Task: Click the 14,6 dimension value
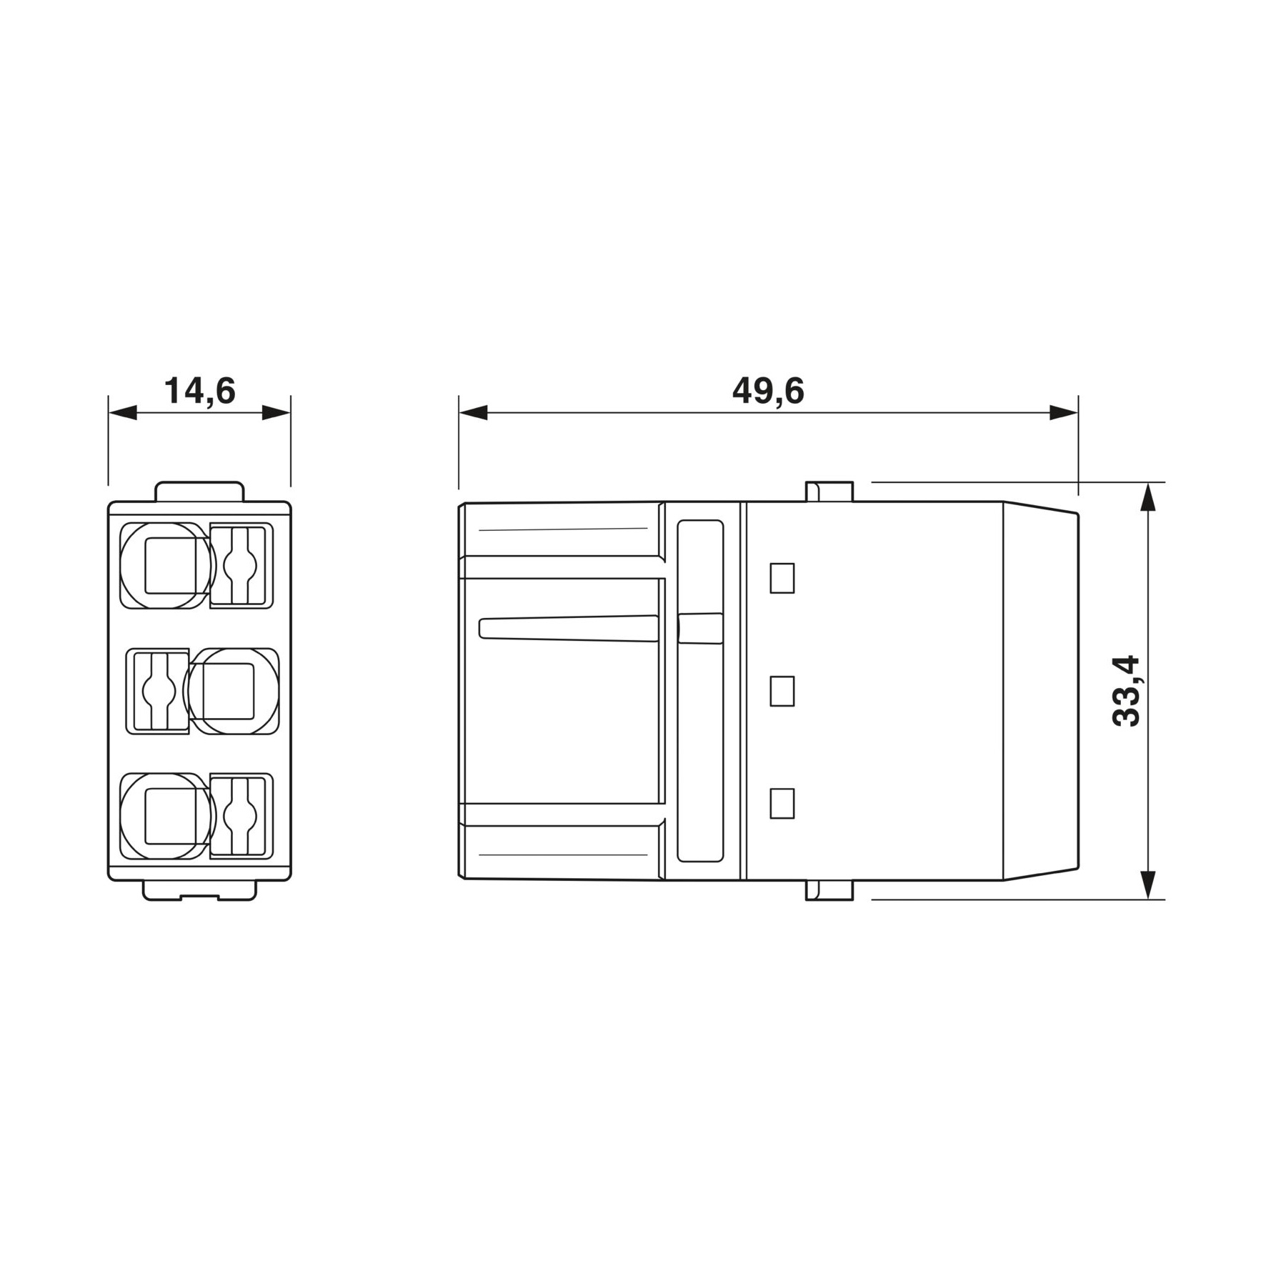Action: tap(200, 392)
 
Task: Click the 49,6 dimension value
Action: tap(768, 392)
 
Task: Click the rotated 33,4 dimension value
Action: tap(1127, 692)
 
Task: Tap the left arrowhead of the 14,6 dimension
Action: tap(123, 412)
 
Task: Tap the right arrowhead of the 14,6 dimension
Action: tap(276, 412)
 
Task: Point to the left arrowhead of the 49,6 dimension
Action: tap(473, 412)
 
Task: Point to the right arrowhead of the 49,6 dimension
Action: tap(1064, 412)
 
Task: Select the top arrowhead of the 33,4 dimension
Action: tap(1147, 497)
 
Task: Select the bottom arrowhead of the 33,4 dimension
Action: tap(1147, 885)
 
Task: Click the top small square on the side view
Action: tap(782, 579)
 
